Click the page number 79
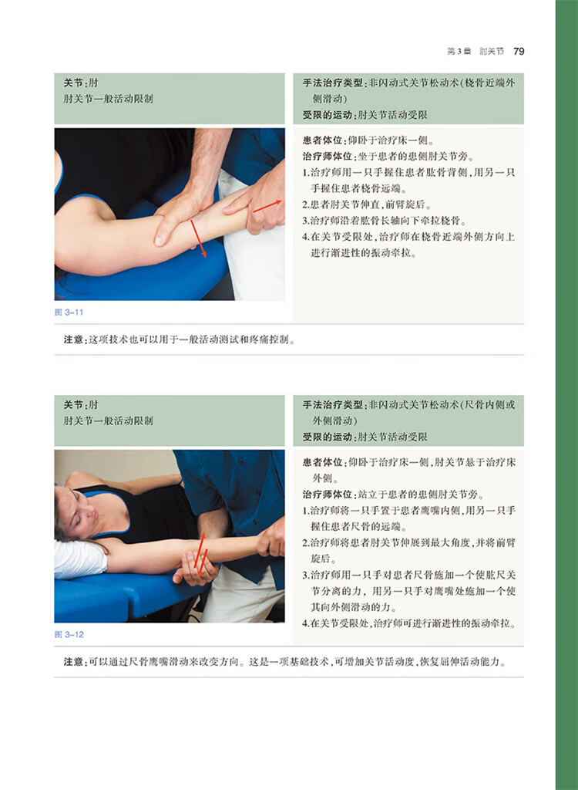pyautogui.click(x=519, y=52)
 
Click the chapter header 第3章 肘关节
pyautogui.click(x=476, y=52)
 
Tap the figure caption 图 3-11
pyautogui.click(x=69, y=312)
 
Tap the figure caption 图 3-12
pyautogui.click(x=69, y=634)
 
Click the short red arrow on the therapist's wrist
pyautogui.click(x=267, y=206)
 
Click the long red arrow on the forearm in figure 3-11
pyautogui.click(x=198, y=238)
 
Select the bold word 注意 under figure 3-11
pyautogui.click(x=73, y=339)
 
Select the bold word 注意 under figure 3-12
pyautogui.click(x=73, y=661)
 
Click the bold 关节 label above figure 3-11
pyautogui.click(x=73, y=83)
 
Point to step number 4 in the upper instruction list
pyautogui.click(x=305, y=237)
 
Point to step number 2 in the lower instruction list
pyautogui.click(x=305, y=542)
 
